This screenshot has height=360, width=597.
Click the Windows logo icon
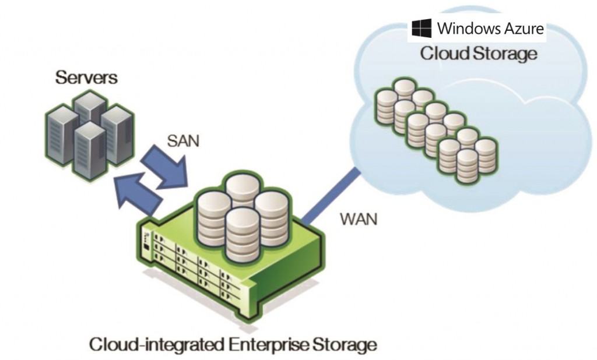(x=422, y=29)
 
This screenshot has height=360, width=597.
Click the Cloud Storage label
(x=478, y=54)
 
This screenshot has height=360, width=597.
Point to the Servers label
(x=86, y=77)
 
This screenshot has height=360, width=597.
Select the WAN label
(x=358, y=220)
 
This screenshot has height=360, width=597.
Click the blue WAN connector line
(x=330, y=196)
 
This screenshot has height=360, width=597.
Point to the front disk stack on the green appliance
(x=243, y=233)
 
